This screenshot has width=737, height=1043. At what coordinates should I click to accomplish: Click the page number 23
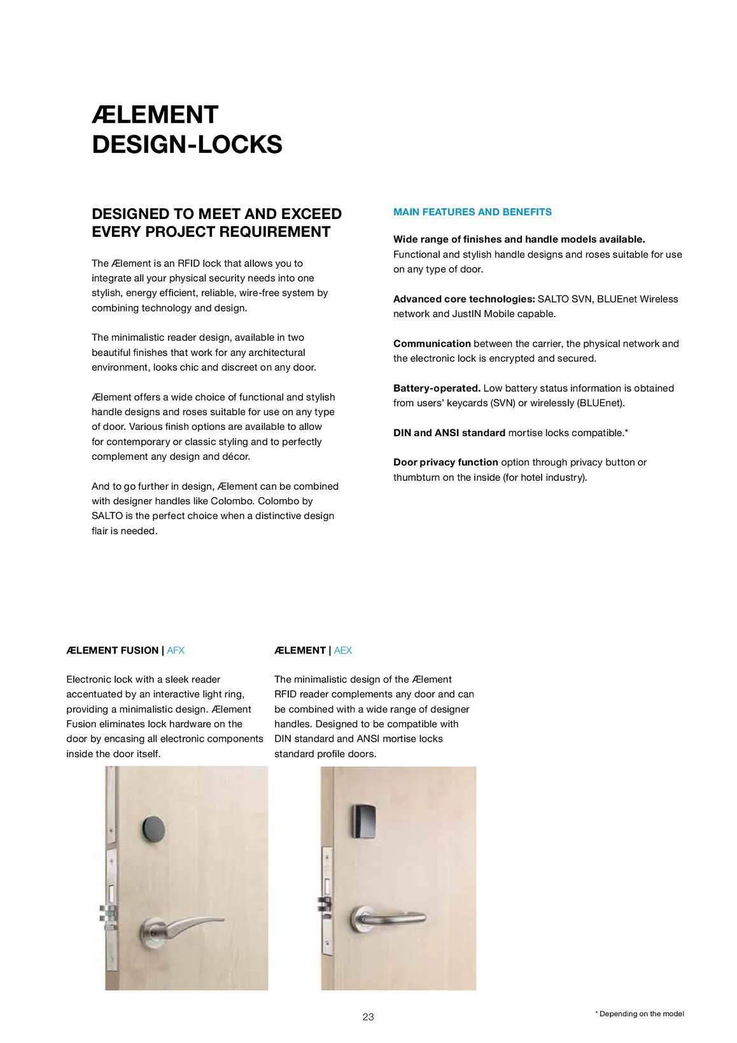point(368,1017)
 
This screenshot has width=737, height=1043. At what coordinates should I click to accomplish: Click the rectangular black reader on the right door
point(364,821)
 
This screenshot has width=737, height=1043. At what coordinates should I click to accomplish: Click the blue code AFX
point(176,650)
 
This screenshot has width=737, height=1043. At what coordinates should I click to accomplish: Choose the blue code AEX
point(343,650)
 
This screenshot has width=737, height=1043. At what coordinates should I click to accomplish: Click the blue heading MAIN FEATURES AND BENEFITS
point(472,212)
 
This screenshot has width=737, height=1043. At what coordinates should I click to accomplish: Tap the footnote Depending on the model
point(641,1014)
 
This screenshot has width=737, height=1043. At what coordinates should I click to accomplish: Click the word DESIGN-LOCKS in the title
point(187,145)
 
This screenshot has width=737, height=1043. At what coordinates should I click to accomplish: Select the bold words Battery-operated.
point(437,388)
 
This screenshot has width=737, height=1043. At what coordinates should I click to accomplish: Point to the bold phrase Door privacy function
point(446,462)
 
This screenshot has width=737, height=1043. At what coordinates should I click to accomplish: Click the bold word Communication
point(432,343)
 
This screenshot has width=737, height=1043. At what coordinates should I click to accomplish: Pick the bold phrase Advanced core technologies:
point(464,299)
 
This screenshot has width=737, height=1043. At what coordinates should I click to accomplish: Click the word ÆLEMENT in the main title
point(155,115)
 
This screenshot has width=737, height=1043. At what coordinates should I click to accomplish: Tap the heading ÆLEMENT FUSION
point(112,650)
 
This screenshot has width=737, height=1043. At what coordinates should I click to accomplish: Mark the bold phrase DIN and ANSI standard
point(449,432)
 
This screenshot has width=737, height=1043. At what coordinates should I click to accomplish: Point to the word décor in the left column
point(235,457)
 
